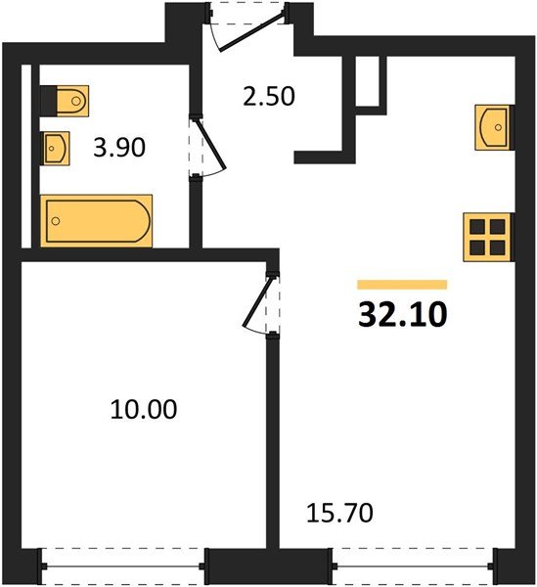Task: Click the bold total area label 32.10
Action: (x=402, y=315)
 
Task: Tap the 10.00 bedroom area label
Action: (x=144, y=409)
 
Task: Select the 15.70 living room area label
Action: (x=339, y=513)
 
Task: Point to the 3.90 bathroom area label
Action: (x=119, y=147)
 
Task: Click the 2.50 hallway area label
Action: (x=269, y=96)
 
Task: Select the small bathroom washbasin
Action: (x=56, y=149)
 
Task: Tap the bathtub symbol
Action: (x=96, y=221)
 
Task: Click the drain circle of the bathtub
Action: (x=56, y=221)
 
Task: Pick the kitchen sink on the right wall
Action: (x=493, y=127)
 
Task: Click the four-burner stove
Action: (x=487, y=238)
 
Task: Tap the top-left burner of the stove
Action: (x=476, y=227)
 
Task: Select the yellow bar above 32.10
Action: (x=402, y=285)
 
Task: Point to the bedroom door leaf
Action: (x=259, y=301)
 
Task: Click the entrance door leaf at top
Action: (x=252, y=32)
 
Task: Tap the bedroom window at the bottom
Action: (x=122, y=566)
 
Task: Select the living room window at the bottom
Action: (x=414, y=566)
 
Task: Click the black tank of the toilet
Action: (x=48, y=101)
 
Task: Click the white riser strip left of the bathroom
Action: (x=26, y=157)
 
